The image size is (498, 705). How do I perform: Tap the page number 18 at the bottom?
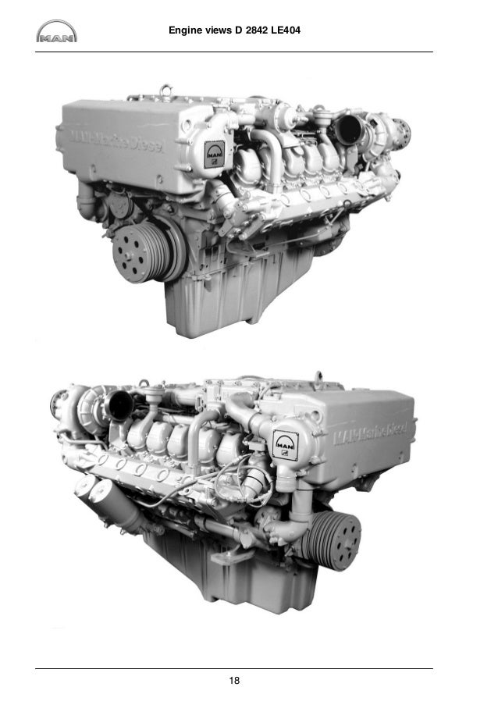tap(234, 682)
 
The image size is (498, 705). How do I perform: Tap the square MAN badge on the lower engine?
tap(285, 447)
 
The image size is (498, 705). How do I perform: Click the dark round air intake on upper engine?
tap(344, 127)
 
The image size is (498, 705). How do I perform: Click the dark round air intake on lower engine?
tap(120, 404)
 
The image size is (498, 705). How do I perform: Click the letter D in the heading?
tap(239, 30)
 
